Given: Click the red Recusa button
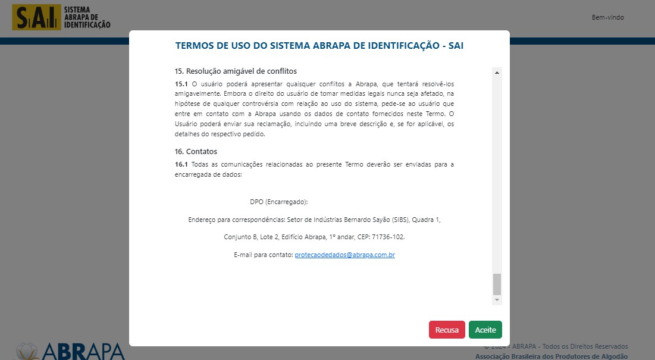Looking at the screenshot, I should (x=447, y=330).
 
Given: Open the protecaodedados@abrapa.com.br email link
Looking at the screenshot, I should (x=345, y=255).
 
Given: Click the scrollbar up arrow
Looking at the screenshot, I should (x=497, y=72).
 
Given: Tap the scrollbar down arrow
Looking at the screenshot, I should (x=497, y=300).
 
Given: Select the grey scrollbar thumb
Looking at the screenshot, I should (x=497, y=284).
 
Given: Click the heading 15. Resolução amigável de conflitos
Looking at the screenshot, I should (x=236, y=71).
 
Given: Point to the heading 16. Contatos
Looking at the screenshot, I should (x=196, y=152).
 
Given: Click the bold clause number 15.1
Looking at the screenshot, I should (x=181, y=84).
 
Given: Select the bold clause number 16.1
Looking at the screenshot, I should (x=181, y=164).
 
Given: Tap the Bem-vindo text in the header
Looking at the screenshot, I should (x=607, y=17).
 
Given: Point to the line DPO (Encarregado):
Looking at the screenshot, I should (x=279, y=202).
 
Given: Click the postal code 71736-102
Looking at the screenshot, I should (x=389, y=237).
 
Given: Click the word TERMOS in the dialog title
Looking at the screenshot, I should (x=195, y=45).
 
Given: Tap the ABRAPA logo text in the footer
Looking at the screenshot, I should (x=83, y=350).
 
